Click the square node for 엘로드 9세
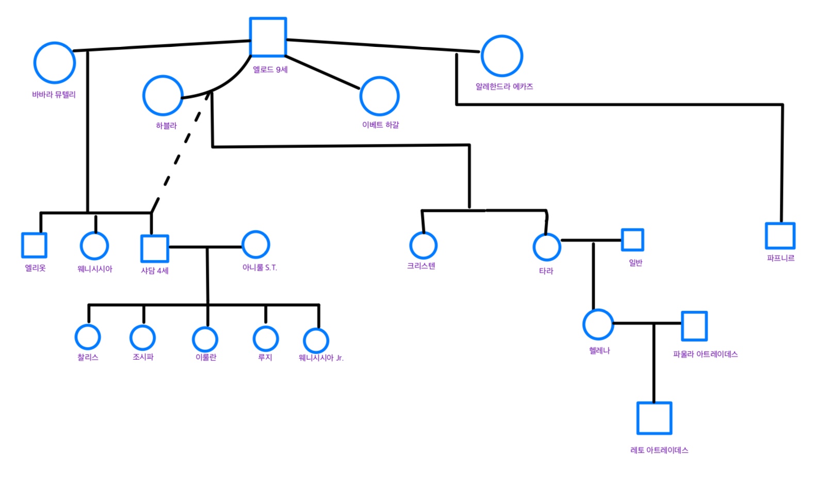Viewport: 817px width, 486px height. tap(268, 37)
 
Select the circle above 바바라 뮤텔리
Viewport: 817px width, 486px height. tap(55, 63)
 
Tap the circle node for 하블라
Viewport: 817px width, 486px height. tap(163, 95)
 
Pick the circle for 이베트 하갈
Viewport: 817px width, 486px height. tap(380, 96)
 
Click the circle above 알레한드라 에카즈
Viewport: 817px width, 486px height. tap(502, 56)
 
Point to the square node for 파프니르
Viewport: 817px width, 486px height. tap(780, 236)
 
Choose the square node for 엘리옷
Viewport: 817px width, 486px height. tap(34, 245)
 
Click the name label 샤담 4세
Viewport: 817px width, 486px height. tap(155, 271)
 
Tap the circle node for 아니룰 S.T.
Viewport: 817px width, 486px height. tap(256, 244)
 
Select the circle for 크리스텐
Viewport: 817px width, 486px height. tap(423, 245)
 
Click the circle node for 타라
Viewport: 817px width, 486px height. tap(547, 247)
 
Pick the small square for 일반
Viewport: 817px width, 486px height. tap(632, 240)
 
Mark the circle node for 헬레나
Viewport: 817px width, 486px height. tap(598, 324)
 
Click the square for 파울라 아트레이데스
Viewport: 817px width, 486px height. tap(694, 326)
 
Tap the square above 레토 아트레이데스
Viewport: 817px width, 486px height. tap(655, 418)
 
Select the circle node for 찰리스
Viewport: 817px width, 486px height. tap(88, 337)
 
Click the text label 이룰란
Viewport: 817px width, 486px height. tap(206, 357)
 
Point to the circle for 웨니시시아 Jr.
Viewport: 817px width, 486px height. tap(316, 340)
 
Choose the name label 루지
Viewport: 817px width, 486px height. tap(265, 357)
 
